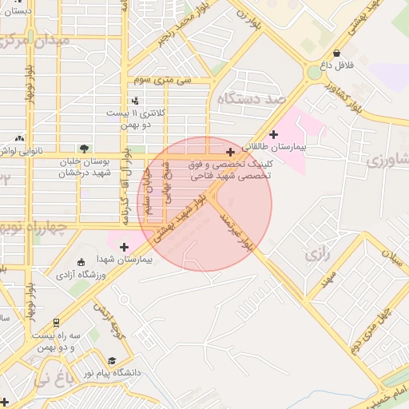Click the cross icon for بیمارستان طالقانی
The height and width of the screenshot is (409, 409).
[x=275, y=134]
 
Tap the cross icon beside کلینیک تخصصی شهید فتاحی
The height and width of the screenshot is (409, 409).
[x=231, y=152]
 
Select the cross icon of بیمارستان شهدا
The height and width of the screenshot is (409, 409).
[x=124, y=247]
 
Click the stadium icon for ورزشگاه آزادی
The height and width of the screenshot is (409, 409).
[x=80, y=263]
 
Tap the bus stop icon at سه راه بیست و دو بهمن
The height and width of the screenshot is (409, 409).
[x=56, y=324]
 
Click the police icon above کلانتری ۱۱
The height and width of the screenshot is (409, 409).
[x=135, y=101]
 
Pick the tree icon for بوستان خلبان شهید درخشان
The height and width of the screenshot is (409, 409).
[x=84, y=149]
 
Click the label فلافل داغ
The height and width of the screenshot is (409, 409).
[x=336, y=62]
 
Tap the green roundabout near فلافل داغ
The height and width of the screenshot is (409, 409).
[x=312, y=74]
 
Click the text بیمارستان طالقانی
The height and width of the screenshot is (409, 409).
[x=307, y=148]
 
